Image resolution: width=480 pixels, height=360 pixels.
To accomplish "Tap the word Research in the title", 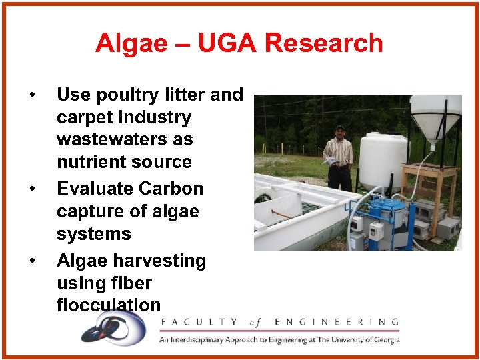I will tap(323, 43).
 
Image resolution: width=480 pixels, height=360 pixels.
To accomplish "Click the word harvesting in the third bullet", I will tap(157, 261).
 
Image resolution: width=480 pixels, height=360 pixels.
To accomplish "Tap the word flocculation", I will tap(109, 305).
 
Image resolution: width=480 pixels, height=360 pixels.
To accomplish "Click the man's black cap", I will tap(341, 127).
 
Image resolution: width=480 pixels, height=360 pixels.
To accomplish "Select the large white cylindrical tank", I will tap(382, 160).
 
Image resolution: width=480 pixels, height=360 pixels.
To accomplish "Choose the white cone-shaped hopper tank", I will tap(435, 117).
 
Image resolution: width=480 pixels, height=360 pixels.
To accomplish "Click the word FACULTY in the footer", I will tap(198, 323).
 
